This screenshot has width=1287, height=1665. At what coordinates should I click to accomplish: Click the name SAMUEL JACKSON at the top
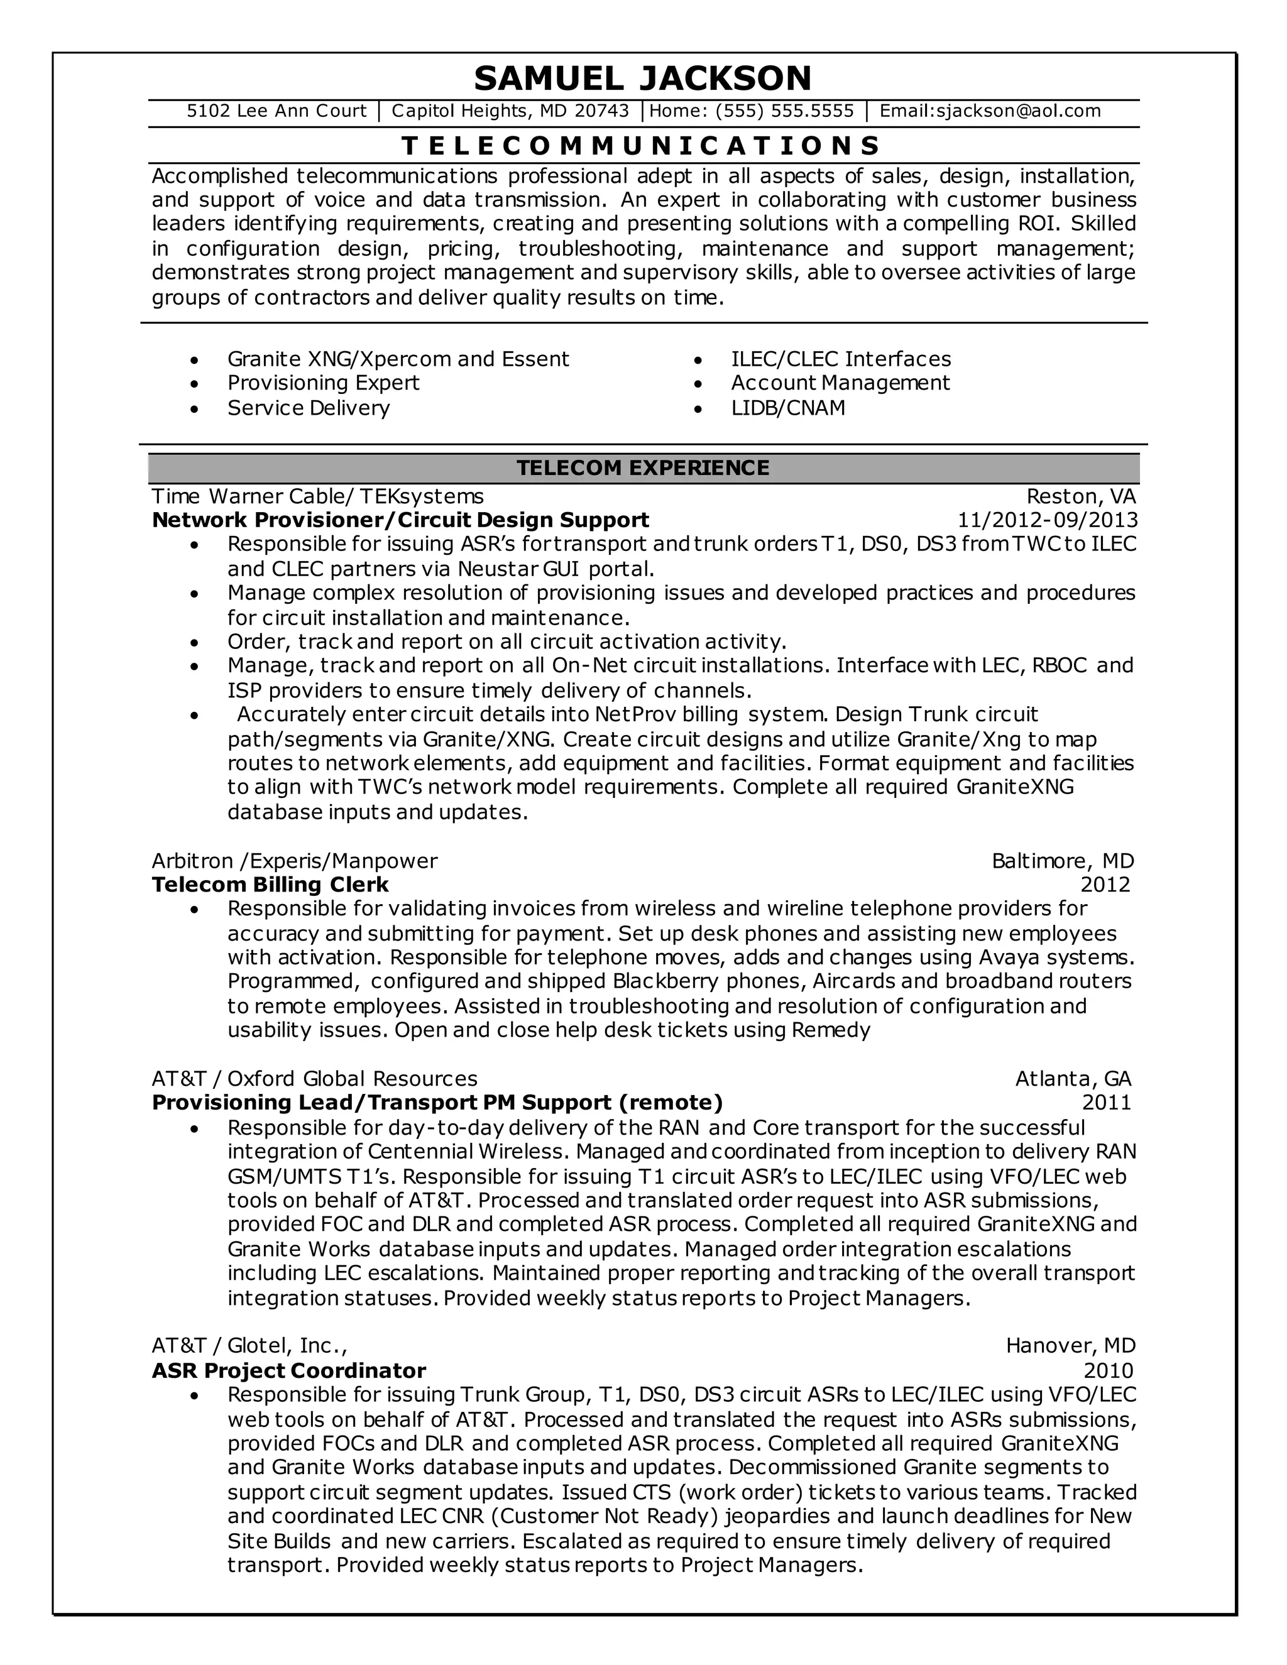(643, 78)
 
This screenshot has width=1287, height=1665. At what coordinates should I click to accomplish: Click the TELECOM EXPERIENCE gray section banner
(643, 467)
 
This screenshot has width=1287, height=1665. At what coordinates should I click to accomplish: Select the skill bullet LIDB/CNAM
(787, 408)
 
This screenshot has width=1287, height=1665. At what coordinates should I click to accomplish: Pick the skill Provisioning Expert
(323, 383)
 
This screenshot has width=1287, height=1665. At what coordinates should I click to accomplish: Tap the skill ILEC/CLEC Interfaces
(840, 359)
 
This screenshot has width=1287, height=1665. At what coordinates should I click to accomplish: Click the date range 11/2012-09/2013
(1047, 521)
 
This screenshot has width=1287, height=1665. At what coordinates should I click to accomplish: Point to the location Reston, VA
(1080, 497)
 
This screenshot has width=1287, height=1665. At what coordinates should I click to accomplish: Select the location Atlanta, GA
(1073, 1079)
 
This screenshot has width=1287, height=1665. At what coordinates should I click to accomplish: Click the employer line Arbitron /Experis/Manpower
(294, 861)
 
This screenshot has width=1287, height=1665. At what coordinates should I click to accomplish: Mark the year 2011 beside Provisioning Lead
(1105, 1103)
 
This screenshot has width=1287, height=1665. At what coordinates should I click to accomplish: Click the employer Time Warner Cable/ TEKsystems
(317, 497)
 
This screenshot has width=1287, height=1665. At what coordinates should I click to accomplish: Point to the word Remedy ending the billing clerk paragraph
(830, 1030)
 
